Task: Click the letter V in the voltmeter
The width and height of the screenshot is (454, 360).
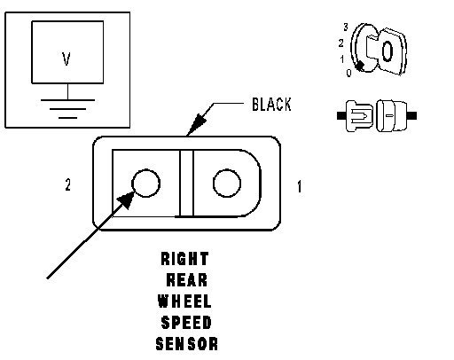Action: tap(67, 59)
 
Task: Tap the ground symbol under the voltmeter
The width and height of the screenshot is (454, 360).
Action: tap(67, 109)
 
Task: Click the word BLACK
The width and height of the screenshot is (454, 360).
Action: tap(271, 105)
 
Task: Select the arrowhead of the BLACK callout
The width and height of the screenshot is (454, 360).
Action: tap(197, 124)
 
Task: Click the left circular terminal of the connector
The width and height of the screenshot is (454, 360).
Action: tap(145, 183)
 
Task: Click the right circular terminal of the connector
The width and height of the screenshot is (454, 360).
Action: tap(227, 183)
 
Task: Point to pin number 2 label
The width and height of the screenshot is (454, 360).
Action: tap(68, 185)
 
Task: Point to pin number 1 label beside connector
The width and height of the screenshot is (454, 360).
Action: tap(300, 186)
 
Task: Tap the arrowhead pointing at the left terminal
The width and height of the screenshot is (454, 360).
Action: tap(127, 200)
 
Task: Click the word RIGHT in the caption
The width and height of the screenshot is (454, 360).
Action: tap(185, 259)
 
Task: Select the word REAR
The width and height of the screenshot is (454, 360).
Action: tap(187, 280)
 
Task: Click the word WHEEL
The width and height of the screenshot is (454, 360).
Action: tap(184, 301)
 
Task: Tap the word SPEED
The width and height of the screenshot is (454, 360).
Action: tap(186, 323)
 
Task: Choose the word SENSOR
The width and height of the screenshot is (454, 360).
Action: tap(187, 344)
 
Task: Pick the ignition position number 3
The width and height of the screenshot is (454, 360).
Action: tap(346, 27)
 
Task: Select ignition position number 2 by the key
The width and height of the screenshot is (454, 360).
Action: tap(341, 43)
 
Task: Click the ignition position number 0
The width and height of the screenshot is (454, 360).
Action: tap(348, 73)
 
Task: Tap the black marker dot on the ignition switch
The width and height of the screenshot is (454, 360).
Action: tap(360, 66)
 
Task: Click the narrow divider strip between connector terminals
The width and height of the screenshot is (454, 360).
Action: tap(186, 184)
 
